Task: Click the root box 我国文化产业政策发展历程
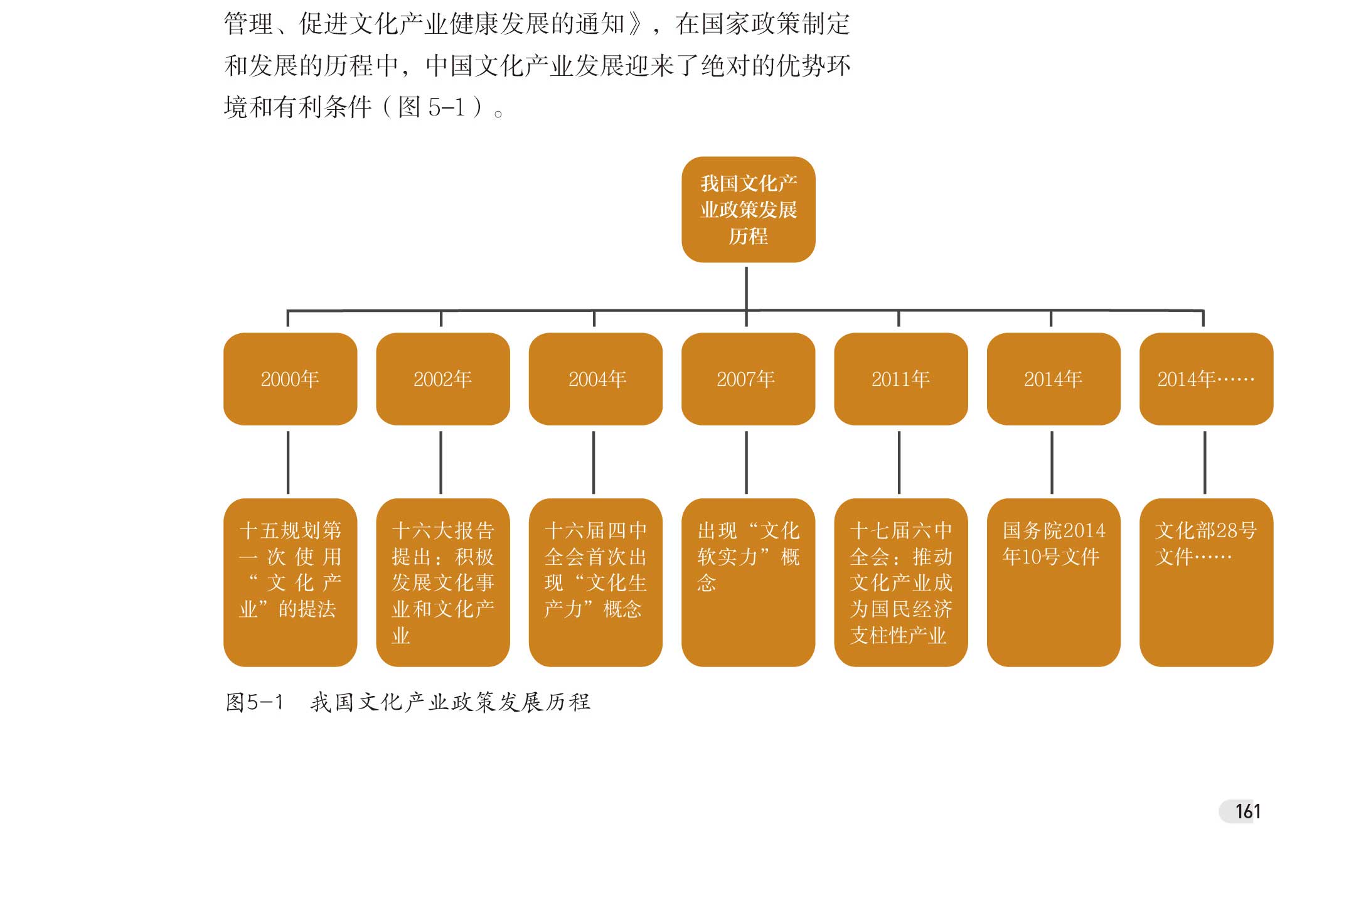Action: click(x=748, y=210)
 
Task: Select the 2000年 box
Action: click(x=290, y=379)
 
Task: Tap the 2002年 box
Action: click(x=442, y=379)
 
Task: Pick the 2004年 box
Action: click(x=595, y=379)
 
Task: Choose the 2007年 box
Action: click(x=748, y=379)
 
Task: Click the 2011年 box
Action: click(x=900, y=379)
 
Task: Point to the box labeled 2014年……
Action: click(x=1206, y=379)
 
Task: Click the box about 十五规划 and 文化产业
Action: click(x=290, y=582)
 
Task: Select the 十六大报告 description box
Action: click(x=442, y=582)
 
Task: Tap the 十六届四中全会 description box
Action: click(x=595, y=582)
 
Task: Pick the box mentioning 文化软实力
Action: click(x=748, y=582)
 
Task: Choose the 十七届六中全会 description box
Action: click(x=900, y=582)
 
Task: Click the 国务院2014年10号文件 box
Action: click(x=1054, y=582)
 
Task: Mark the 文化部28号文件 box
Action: click(x=1206, y=582)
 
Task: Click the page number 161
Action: click(x=1247, y=811)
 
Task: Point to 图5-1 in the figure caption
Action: click(x=254, y=702)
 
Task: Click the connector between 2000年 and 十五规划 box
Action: click(x=288, y=462)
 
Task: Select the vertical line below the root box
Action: click(x=746, y=287)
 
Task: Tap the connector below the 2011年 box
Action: click(x=899, y=462)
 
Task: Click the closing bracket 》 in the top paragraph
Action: click(x=635, y=24)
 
